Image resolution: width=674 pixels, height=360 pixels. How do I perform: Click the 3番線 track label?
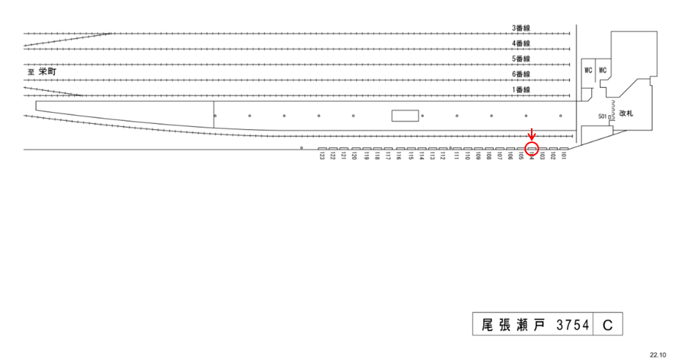point(521,28)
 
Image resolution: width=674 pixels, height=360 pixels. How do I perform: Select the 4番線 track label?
point(521,43)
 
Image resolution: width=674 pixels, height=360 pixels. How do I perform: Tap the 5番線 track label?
point(521,59)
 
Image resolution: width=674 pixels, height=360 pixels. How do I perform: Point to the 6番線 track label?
point(521,74)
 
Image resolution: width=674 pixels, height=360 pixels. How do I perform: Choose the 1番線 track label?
point(521,89)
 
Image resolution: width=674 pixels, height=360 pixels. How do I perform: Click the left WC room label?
point(588,70)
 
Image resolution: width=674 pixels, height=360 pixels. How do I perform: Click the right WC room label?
point(604,70)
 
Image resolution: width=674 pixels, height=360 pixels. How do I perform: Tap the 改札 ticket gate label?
point(626,114)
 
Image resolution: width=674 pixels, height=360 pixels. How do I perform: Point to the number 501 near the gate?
point(603,117)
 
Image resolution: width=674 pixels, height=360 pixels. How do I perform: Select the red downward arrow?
point(532,136)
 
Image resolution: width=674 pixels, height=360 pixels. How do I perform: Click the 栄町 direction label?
point(47,73)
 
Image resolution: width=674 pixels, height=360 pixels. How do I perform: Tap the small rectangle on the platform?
point(405,115)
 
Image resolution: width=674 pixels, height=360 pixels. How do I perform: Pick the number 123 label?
point(322,157)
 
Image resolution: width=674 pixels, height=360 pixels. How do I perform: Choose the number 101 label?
point(564,157)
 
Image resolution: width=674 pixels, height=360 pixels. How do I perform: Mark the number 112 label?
point(443,157)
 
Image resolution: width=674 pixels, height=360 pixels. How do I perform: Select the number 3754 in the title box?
point(574,324)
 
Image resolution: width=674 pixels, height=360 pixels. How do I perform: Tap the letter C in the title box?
point(608,324)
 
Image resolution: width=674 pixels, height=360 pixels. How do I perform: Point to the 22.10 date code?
point(658,353)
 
